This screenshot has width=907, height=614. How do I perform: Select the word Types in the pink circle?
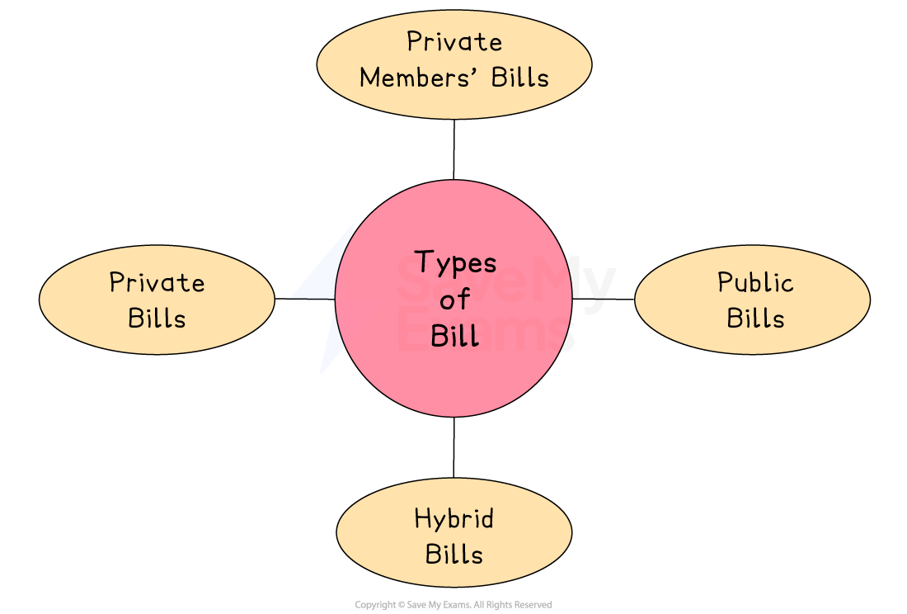(x=455, y=262)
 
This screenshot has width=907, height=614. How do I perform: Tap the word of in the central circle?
(x=454, y=300)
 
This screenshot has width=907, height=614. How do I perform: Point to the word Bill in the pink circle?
(x=454, y=336)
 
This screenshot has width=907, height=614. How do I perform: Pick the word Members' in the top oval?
(x=421, y=78)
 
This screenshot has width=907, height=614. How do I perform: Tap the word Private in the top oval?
(x=454, y=41)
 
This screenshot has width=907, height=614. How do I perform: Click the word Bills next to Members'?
(x=520, y=78)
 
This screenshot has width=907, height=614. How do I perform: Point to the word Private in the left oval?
(x=157, y=282)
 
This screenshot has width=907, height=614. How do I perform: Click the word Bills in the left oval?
(x=157, y=319)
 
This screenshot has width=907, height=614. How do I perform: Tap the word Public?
(x=754, y=282)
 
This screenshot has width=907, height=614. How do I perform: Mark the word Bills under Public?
(x=754, y=319)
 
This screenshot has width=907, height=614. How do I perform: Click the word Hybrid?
(x=454, y=519)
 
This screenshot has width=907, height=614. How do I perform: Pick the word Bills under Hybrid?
(x=454, y=555)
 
